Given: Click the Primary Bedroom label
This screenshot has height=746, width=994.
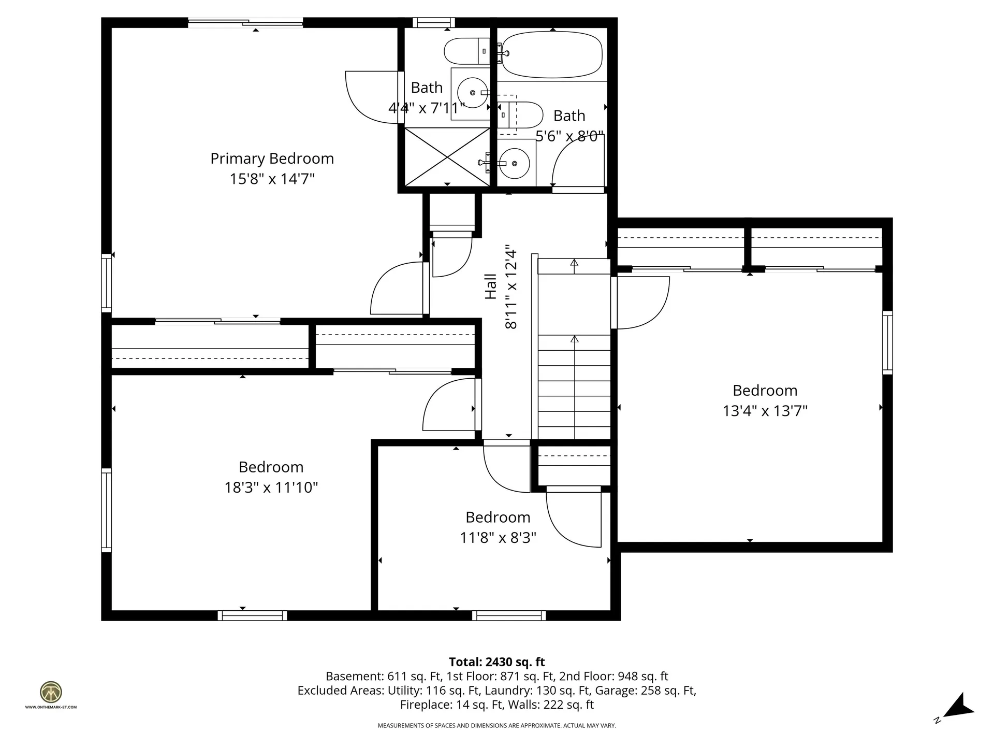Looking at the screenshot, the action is tap(272, 159).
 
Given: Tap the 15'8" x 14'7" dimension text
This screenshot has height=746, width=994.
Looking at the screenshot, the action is tap(272, 179).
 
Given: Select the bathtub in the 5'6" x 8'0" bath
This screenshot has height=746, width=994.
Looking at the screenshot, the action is tap(552, 55).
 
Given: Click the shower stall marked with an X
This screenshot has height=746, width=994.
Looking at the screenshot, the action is tap(447, 157).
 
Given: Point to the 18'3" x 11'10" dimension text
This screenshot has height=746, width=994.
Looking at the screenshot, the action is tap(271, 487).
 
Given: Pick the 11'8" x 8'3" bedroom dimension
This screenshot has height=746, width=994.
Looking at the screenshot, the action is tap(498, 538).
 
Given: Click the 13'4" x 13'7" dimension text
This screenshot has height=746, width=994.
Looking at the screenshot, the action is tap(765, 411).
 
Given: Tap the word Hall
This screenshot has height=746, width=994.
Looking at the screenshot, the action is tap(491, 286).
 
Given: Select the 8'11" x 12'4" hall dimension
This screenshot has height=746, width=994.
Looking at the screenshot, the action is tap(511, 286).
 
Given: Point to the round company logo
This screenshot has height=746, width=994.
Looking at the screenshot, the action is tap(51, 692).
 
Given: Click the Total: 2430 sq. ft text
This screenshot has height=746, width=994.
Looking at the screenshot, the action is tap(497, 662).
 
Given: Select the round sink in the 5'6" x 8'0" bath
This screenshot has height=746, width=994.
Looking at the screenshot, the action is tap(514, 164).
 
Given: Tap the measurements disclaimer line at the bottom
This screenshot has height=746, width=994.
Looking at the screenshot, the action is tap(497, 726).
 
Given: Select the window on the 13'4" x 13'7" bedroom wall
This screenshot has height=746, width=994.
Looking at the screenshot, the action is tap(887, 342).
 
